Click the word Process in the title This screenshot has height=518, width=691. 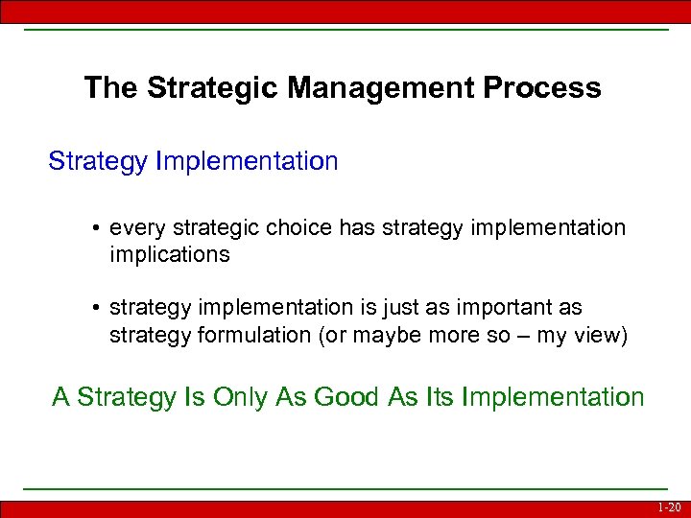pyautogui.click(x=542, y=88)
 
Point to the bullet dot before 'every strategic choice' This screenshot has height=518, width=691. pyautogui.click(x=98, y=229)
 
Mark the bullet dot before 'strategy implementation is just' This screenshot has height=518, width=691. pyautogui.click(x=98, y=308)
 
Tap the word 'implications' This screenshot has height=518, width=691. pyautogui.click(x=170, y=254)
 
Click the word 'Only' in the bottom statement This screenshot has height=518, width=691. pyautogui.click(x=217, y=397)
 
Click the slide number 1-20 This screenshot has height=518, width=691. pyautogui.click(x=669, y=507)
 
